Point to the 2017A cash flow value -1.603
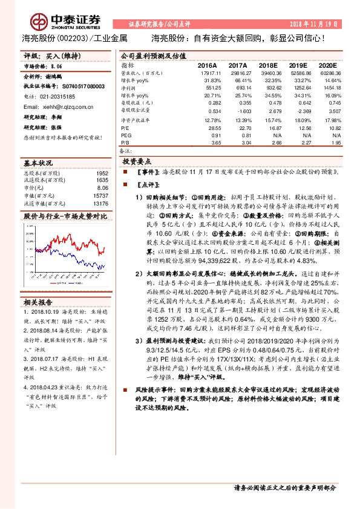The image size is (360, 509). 238,111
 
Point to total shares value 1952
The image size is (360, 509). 102,173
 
